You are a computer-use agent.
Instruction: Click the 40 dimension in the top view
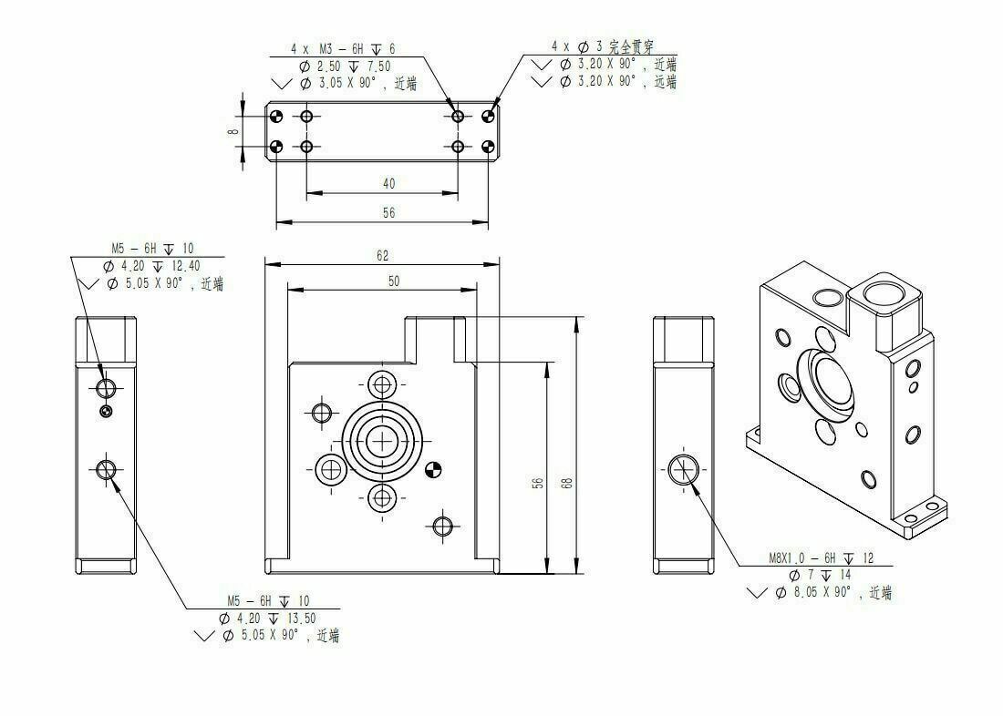(x=389, y=183)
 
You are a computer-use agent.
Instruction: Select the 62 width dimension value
(x=382, y=256)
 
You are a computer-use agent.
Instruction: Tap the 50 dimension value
(x=394, y=281)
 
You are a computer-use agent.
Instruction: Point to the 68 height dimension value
(x=566, y=484)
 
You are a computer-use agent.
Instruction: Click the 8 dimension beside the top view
(x=234, y=131)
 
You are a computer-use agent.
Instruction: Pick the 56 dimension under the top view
(x=389, y=212)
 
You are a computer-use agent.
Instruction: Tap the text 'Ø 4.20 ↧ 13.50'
(x=267, y=619)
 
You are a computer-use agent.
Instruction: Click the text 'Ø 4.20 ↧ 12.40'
(x=151, y=266)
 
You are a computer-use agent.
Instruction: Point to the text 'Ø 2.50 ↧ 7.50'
(x=344, y=66)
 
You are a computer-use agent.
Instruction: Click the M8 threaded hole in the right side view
(x=683, y=470)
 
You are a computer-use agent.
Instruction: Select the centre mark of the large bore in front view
(x=383, y=441)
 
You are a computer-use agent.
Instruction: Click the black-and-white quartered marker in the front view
(x=433, y=470)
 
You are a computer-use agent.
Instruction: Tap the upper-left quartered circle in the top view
(x=276, y=117)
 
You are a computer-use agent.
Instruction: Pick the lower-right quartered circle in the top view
(x=489, y=147)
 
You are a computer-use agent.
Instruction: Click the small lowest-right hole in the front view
(x=442, y=527)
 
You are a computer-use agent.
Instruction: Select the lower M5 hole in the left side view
(x=106, y=470)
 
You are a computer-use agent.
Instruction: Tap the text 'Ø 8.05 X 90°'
(x=813, y=592)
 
